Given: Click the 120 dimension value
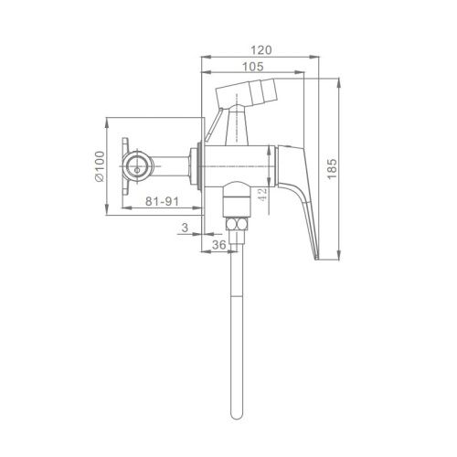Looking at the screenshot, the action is (x=260, y=49).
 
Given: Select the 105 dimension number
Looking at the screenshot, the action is (x=252, y=67).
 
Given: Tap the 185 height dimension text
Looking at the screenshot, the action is (x=332, y=169).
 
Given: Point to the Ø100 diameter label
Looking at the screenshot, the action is (x=100, y=166).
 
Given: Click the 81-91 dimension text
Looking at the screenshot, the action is (x=162, y=201).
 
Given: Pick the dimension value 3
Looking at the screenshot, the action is (x=185, y=228).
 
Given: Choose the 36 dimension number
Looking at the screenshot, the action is (x=218, y=245).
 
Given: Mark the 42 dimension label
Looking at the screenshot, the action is (x=262, y=194).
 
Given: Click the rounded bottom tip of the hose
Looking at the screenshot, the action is (x=237, y=416).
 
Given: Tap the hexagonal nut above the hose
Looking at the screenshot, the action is (x=238, y=224).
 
